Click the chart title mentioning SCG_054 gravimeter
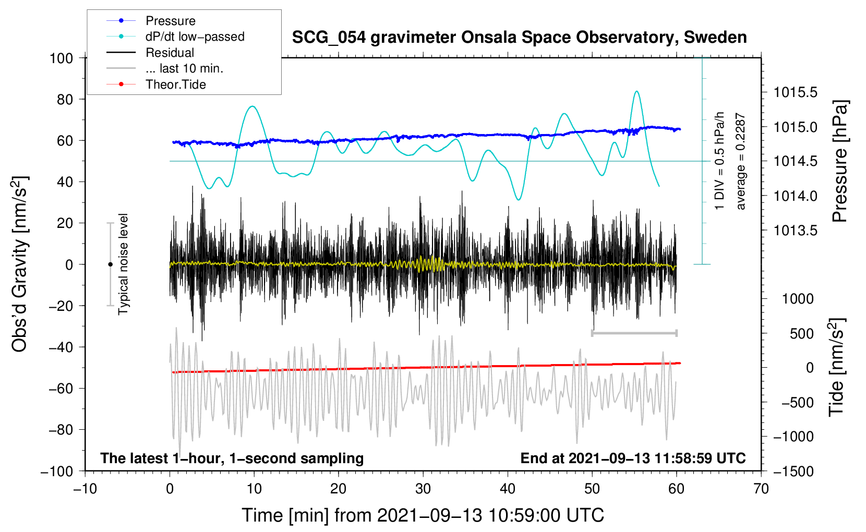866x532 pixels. (x=519, y=38)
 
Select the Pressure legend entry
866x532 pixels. (x=151, y=20)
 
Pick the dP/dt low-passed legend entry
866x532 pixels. (x=175, y=37)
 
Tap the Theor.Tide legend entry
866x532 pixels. (x=156, y=84)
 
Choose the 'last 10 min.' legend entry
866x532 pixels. (x=165, y=68)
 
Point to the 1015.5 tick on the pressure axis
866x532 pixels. (x=795, y=92)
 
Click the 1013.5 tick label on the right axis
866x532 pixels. (x=795, y=231)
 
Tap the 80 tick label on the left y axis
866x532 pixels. (x=65, y=100)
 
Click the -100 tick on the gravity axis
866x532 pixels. (x=57, y=471)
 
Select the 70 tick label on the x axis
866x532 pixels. (x=761, y=489)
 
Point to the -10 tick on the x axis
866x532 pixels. (x=85, y=489)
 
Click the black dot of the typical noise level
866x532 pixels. (x=110, y=264)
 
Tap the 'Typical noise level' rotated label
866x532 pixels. (x=123, y=264)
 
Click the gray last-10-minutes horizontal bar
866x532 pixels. (x=634, y=333)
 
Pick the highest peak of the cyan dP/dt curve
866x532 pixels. (x=636, y=91)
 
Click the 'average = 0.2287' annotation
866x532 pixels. (x=740, y=161)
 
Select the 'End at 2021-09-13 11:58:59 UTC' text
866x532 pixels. (x=633, y=458)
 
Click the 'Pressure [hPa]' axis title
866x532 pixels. (x=840, y=161)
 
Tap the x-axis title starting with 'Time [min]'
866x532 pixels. (x=423, y=515)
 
